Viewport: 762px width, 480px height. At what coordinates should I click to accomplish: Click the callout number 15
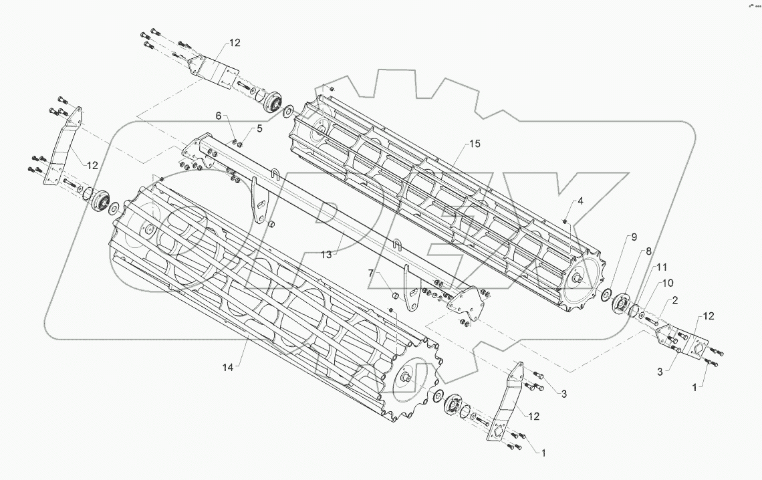click(475, 144)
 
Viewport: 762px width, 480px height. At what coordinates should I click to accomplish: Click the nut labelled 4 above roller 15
click(565, 220)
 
